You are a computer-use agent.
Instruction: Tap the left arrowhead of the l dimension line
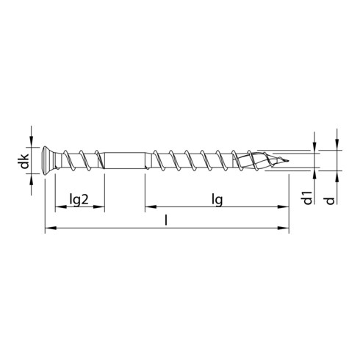(x=49, y=229)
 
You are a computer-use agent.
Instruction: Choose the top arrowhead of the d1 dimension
(x=314, y=148)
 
